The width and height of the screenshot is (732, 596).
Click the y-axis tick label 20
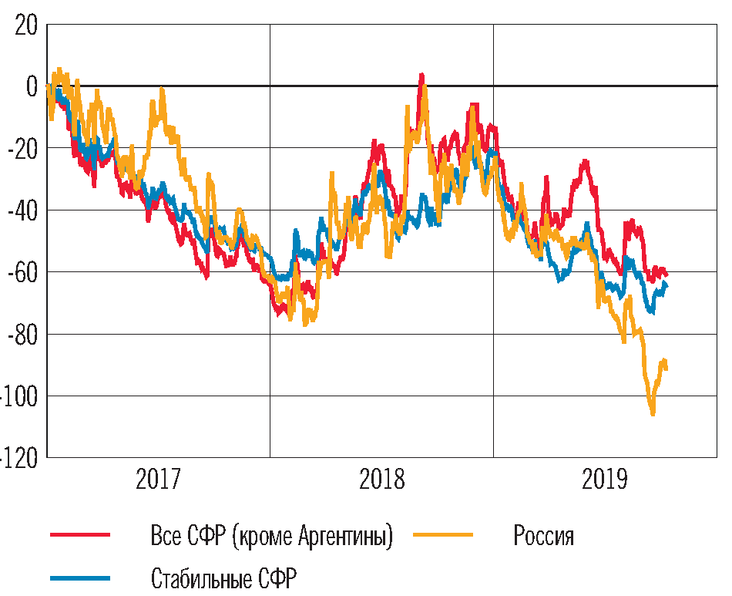(x=25, y=25)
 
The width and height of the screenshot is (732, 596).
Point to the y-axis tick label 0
(x=32, y=86)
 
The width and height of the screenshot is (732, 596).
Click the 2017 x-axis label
(x=158, y=480)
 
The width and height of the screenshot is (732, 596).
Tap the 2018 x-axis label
(x=381, y=480)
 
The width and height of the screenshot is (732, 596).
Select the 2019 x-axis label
(x=605, y=480)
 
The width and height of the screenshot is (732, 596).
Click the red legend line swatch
(x=80, y=534)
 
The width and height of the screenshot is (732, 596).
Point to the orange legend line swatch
(x=444, y=534)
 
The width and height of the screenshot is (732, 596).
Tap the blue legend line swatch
(x=80, y=577)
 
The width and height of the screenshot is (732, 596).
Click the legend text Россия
(x=543, y=535)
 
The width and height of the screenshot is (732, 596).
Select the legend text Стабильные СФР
(x=223, y=578)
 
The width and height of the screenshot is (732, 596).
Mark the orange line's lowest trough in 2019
(x=653, y=414)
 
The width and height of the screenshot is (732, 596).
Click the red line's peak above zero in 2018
(x=421, y=76)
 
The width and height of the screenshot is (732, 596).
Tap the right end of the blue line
(x=667, y=286)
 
